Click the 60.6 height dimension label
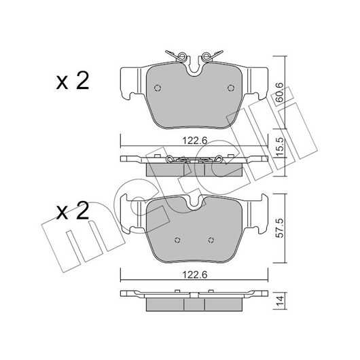click(x=279, y=92)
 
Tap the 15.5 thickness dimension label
click(x=279, y=147)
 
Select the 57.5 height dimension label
click(x=279, y=228)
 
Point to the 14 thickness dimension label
click(x=279, y=301)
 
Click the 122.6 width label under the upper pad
click(x=195, y=141)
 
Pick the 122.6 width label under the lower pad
click(x=195, y=274)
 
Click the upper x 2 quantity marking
click(x=73, y=81)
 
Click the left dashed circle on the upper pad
click(x=158, y=88)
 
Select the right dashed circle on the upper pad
click(x=231, y=88)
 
